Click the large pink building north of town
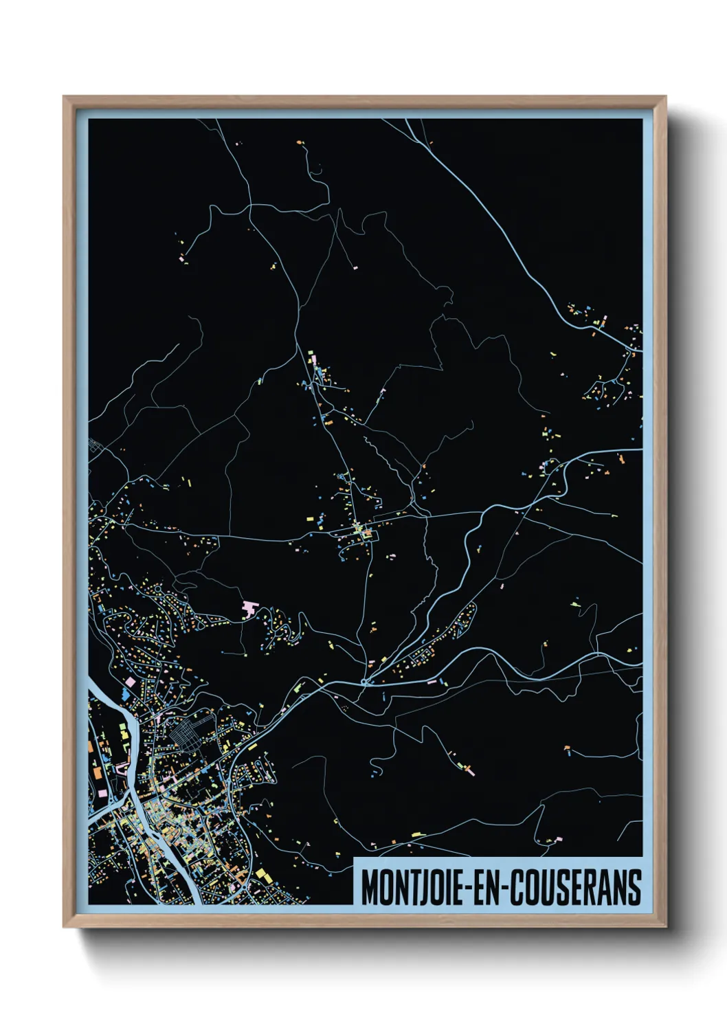point(249,609)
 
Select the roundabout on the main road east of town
point(363,682)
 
